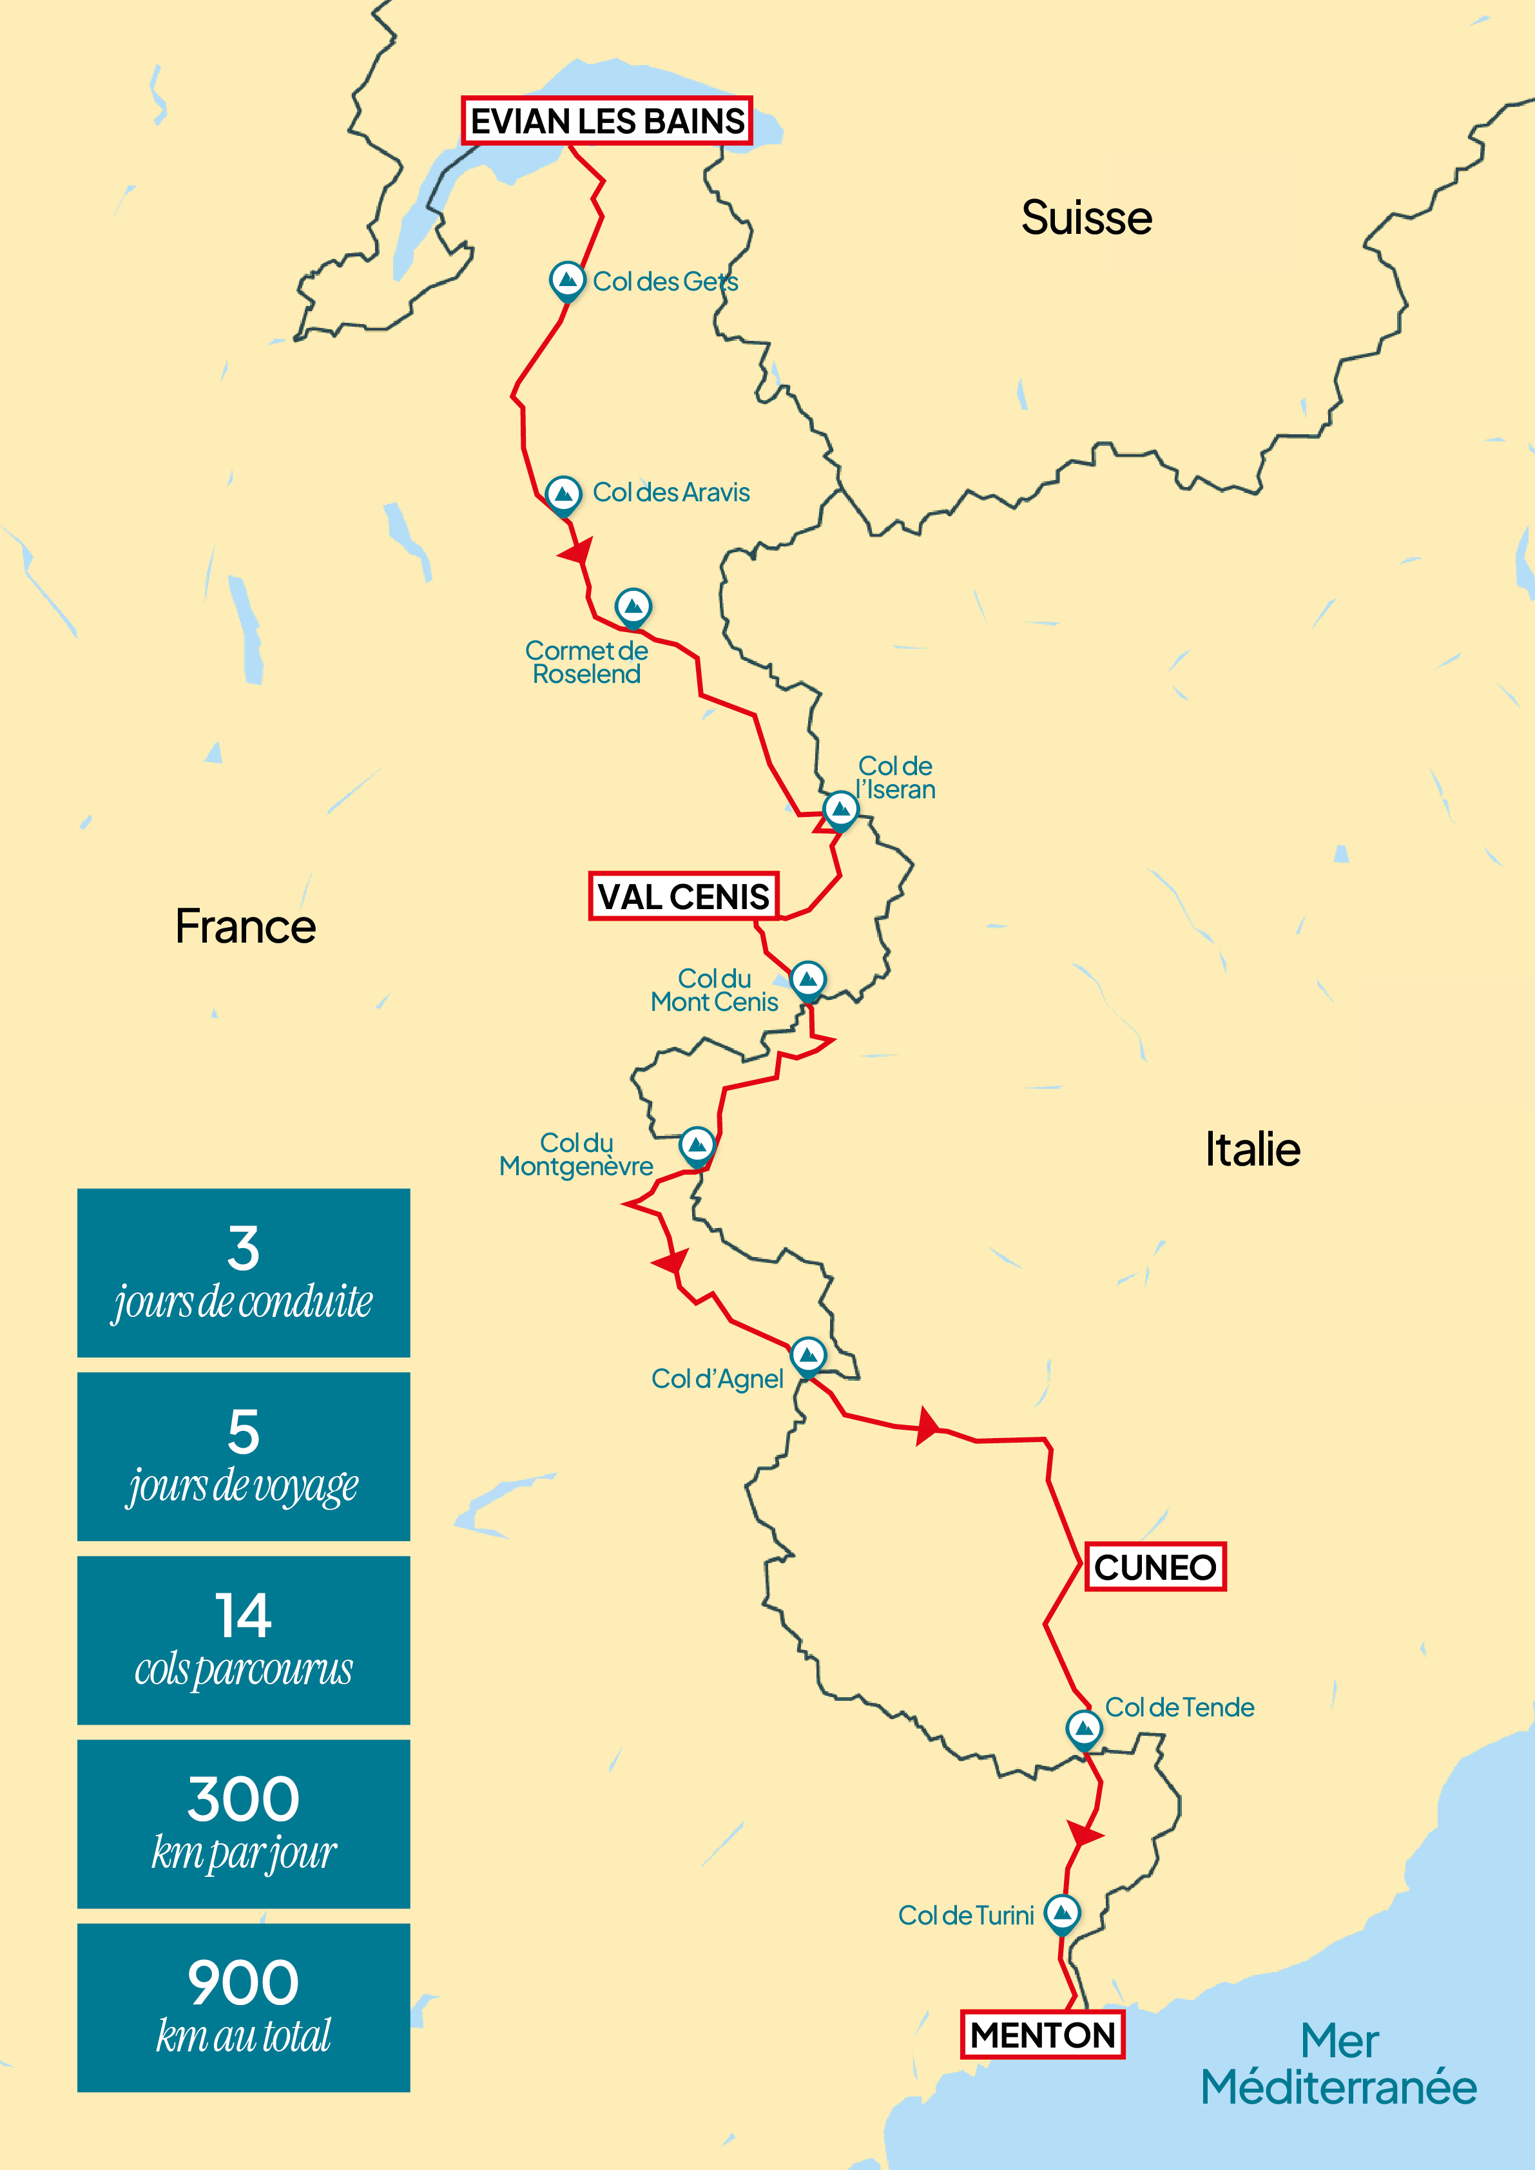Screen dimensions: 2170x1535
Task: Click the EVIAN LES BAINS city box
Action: [607, 121]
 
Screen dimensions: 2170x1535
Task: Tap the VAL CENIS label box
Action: [683, 896]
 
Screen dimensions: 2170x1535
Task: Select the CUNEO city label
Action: [1154, 1567]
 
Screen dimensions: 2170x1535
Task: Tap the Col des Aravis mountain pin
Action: [563, 494]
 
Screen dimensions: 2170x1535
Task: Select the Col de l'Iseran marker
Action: [840, 810]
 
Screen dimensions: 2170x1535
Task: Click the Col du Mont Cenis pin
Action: [807, 980]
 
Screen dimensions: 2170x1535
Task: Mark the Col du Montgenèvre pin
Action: [697, 1146]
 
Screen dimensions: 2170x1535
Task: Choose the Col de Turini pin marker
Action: [1063, 1914]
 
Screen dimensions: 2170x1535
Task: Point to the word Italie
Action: [1252, 1150]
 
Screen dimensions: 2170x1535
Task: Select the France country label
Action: [246, 927]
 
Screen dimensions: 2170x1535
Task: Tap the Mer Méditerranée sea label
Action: [1338, 2064]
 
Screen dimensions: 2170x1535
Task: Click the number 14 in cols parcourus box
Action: [243, 1615]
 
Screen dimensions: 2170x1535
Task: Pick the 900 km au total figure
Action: [243, 1983]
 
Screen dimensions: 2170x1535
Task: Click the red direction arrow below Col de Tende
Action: [1083, 1834]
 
